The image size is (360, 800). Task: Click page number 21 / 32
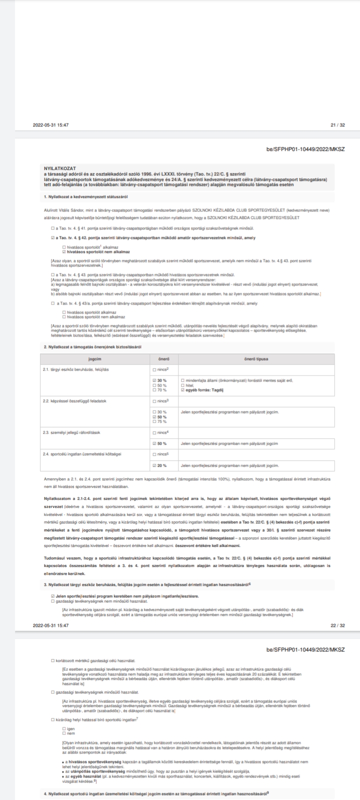click(x=337, y=125)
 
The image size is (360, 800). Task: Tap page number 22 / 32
click(x=337, y=625)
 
